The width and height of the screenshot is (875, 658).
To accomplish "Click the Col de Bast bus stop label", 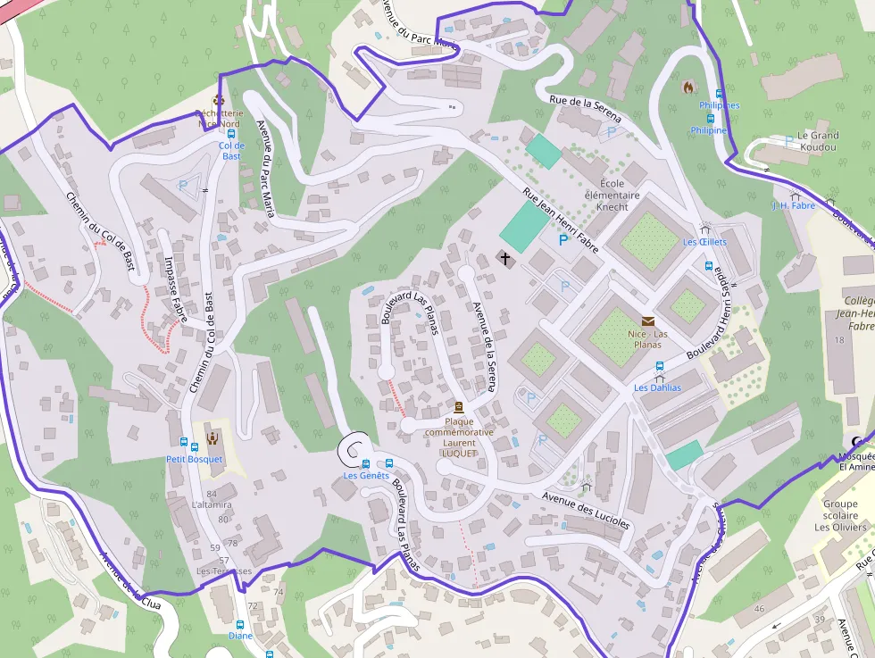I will (x=231, y=151).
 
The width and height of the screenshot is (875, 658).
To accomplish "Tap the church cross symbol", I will (x=505, y=260).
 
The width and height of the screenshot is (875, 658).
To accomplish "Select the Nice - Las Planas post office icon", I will (x=647, y=321).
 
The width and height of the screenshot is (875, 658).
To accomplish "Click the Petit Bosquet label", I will (x=194, y=459).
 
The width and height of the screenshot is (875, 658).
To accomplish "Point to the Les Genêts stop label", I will (x=366, y=476).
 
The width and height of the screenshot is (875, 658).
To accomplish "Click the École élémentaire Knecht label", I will (x=612, y=196).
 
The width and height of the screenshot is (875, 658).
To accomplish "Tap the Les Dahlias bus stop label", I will (x=657, y=387).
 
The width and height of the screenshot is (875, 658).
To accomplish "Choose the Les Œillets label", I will (x=704, y=242).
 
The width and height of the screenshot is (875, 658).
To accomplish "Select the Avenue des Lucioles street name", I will (x=586, y=510).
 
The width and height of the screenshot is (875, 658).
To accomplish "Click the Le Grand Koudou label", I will (x=818, y=141).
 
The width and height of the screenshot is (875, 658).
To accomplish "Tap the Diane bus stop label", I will (x=239, y=636).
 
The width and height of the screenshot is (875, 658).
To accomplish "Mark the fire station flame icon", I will (x=687, y=87).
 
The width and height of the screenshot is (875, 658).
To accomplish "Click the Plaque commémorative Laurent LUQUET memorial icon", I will (x=459, y=407).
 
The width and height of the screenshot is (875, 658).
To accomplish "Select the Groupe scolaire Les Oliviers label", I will (x=840, y=515).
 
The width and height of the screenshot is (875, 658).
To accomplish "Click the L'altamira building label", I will (x=211, y=505).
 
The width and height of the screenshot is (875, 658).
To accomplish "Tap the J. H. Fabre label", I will (x=794, y=206).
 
